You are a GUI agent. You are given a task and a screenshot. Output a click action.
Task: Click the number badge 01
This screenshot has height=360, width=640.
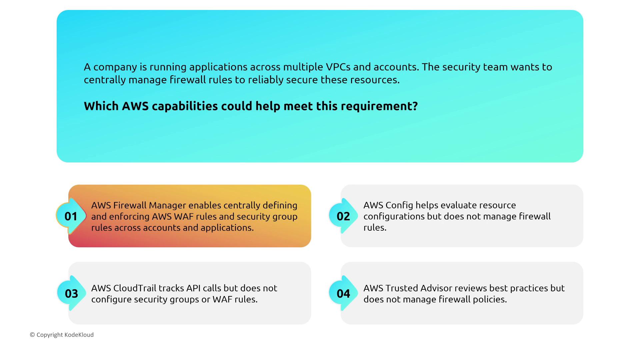(x=71, y=216)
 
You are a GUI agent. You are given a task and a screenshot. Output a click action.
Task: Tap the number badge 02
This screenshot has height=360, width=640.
(x=343, y=216)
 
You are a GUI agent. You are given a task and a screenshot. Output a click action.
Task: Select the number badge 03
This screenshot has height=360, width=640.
(x=71, y=293)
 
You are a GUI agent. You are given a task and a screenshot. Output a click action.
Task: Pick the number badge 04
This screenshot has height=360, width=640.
(x=343, y=293)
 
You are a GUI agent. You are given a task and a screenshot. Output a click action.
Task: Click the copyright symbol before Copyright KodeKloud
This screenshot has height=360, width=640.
(x=32, y=335)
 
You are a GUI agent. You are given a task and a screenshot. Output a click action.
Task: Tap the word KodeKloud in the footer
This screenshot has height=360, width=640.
(x=79, y=335)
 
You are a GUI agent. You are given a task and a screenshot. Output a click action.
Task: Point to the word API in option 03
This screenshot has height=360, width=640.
(x=193, y=288)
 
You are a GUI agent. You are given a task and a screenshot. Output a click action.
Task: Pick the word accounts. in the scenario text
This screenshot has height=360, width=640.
(x=396, y=67)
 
